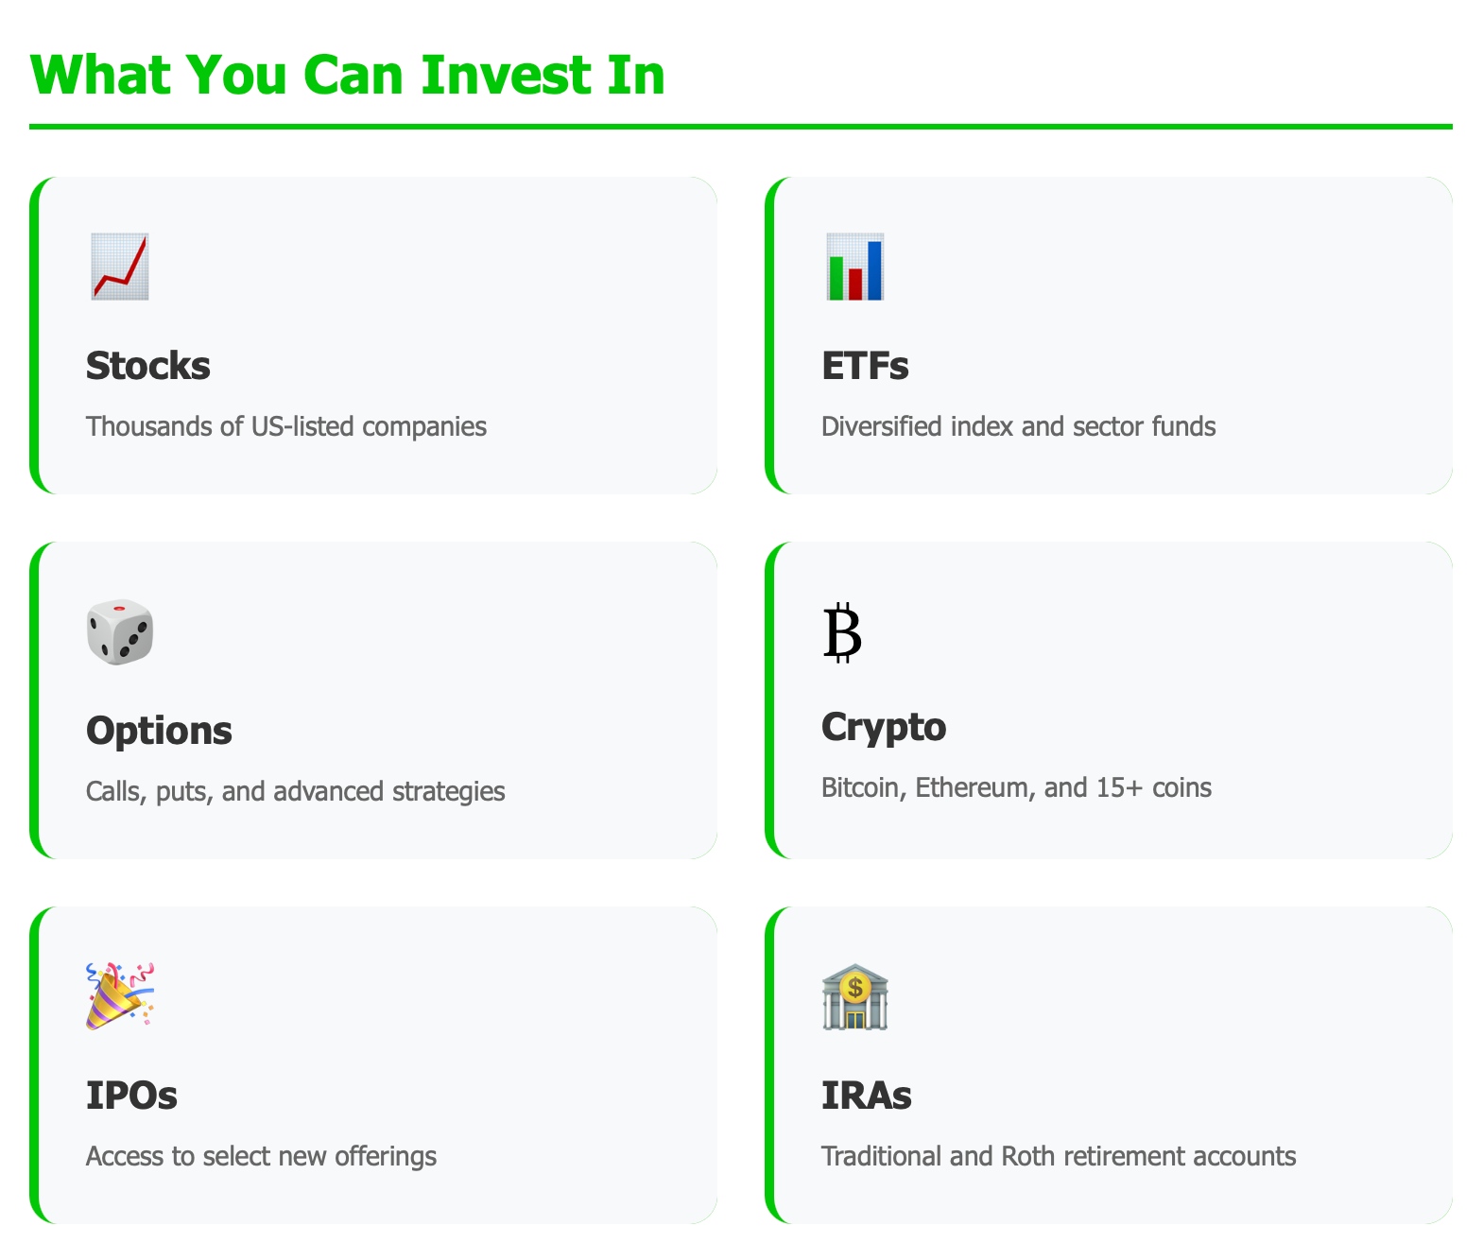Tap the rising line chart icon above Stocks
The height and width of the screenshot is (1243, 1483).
coord(120,267)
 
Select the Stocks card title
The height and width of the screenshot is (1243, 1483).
coord(148,366)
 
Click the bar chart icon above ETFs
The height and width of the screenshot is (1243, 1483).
coord(855,267)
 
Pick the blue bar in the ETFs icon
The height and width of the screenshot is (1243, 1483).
coord(874,269)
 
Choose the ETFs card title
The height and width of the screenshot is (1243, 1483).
coord(865,366)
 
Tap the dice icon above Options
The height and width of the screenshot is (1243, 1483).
coord(120,631)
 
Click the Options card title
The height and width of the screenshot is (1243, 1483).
coord(159,731)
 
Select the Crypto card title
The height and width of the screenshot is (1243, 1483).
coord(884,727)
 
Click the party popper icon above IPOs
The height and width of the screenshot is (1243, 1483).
coord(120,996)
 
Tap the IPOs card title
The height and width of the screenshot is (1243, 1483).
coord(131,1096)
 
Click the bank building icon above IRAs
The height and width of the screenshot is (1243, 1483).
coord(855,996)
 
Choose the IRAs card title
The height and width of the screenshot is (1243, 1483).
coord(867,1096)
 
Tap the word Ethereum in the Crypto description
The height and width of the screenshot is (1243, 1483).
coord(974,787)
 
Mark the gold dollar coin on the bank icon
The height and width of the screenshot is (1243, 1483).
coord(855,988)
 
